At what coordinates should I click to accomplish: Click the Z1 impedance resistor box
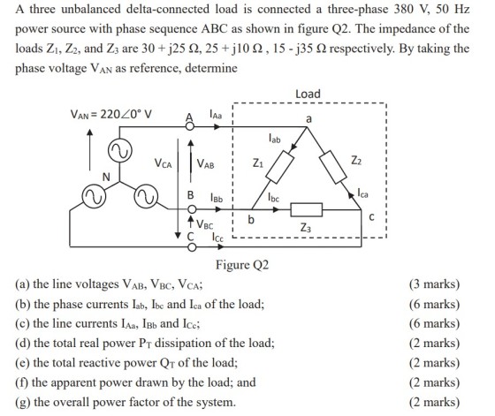coord(280,167)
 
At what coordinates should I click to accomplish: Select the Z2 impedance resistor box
coord(333,167)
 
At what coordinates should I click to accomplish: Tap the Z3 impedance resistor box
coord(306,209)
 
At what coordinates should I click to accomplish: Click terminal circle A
coord(190,127)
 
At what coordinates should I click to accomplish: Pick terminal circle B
coord(192,209)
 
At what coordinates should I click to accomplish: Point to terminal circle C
coord(192,247)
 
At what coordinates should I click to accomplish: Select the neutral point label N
coord(106,177)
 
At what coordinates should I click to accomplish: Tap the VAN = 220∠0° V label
coord(110,114)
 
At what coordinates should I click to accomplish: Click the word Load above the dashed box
coord(308,94)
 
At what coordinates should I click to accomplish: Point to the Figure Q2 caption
coord(242,265)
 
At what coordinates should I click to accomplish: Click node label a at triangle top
coord(308,119)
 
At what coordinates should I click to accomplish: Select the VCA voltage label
coord(164,163)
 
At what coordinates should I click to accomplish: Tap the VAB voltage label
coord(205,163)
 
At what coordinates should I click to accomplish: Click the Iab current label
coord(274,138)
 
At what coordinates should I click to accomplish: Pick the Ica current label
coord(362,193)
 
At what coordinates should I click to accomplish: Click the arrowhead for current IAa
coord(217,127)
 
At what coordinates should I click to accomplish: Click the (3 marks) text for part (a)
coord(434,284)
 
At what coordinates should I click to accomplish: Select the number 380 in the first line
coord(404,9)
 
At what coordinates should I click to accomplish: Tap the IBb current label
coord(217,198)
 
